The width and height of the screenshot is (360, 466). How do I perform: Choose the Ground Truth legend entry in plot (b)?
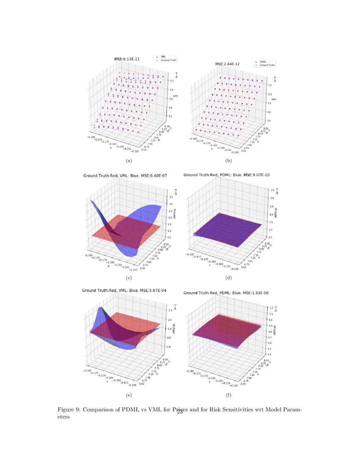tap(267, 66)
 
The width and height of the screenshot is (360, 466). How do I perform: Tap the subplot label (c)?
tap(129, 278)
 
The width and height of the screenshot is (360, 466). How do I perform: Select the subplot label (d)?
tap(229, 278)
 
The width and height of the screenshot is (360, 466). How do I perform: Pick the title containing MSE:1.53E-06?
tap(227, 293)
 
